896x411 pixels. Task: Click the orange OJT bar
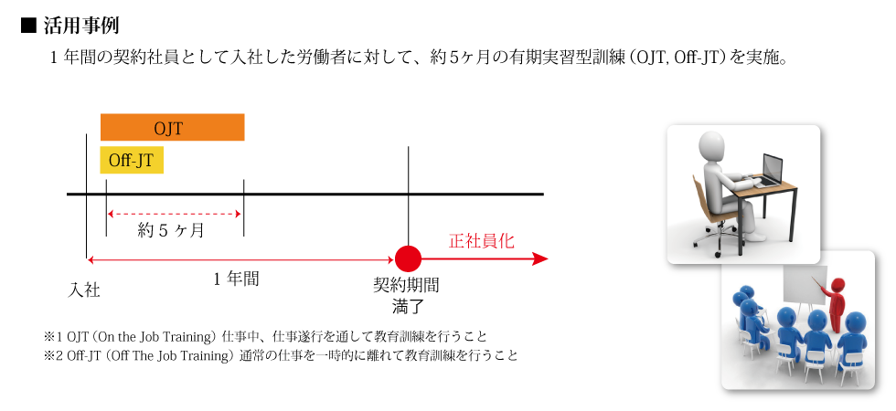pyautogui.click(x=172, y=127)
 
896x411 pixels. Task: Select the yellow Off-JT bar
pyautogui.click(x=132, y=160)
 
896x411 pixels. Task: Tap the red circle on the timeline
pyautogui.click(x=408, y=259)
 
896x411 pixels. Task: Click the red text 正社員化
pyautogui.click(x=481, y=241)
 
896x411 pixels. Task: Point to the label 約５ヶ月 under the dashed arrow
pyautogui.click(x=171, y=230)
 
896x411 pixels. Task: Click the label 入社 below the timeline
pyautogui.click(x=84, y=290)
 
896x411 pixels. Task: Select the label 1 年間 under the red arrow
pyautogui.click(x=236, y=279)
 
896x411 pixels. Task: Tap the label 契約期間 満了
pyautogui.click(x=406, y=296)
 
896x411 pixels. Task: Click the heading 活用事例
pyautogui.click(x=81, y=26)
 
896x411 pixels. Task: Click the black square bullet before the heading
pyautogui.click(x=28, y=26)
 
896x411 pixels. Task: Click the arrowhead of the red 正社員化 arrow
pyautogui.click(x=540, y=259)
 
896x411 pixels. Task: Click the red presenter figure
pyautogui.click(x=836, y=303)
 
